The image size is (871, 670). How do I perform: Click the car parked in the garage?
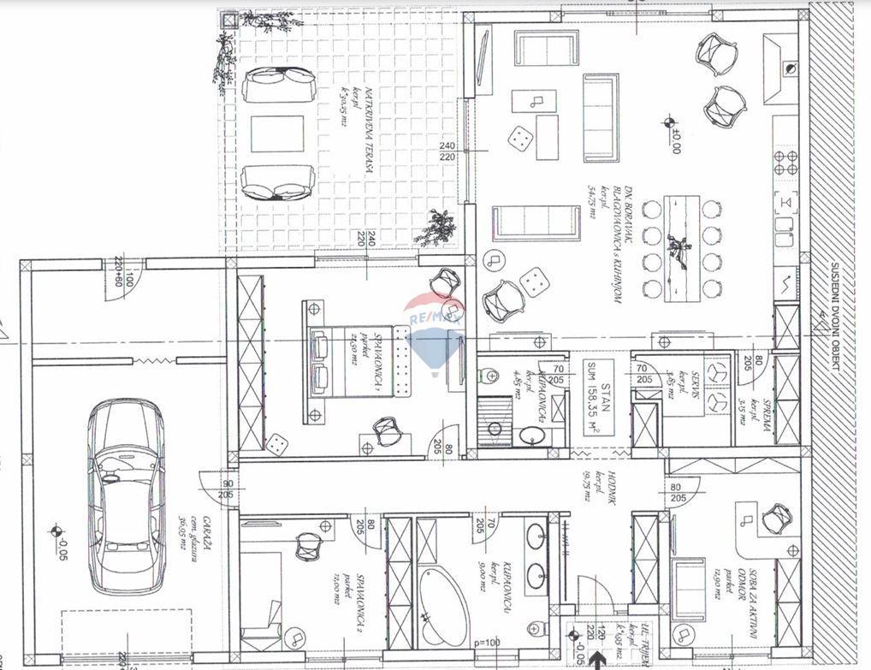126,497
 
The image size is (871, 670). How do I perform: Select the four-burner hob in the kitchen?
785,160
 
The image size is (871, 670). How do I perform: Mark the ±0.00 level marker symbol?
669,122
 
